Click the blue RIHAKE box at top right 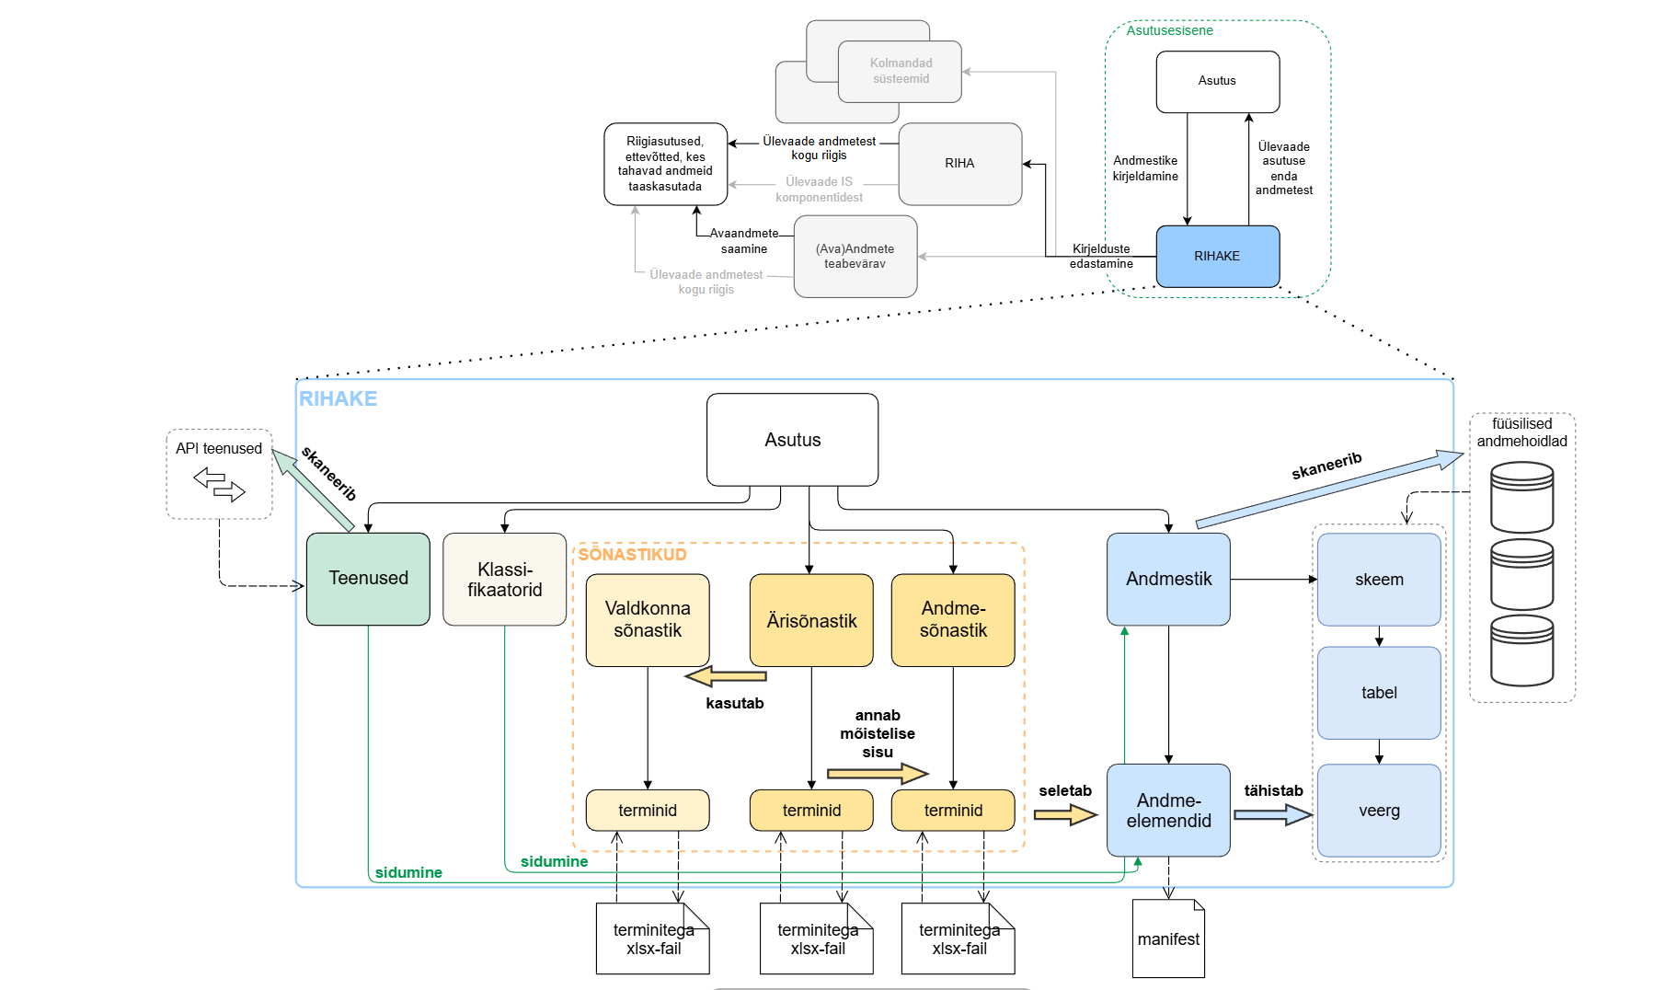(1217, 257)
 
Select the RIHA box (959, 164)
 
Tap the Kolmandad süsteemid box (901, 71)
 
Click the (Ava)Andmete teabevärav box (855, 257)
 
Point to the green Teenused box (368, 579)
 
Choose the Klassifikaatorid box (504, 580)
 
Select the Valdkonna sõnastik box (648, 620)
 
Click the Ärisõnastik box (811, 621)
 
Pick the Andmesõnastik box (953, 620)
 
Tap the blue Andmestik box (1168, 580)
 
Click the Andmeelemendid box (1168, 811)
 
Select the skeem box (1379, 580)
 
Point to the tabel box (1379, 693)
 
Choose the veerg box (1379, 811)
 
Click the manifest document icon (1168, 939)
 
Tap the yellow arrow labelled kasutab (727, 677)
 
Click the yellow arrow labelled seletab (1065, 814)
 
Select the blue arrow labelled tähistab (1272, 814)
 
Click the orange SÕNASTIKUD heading (632, 555)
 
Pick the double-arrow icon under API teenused (219, 484)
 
